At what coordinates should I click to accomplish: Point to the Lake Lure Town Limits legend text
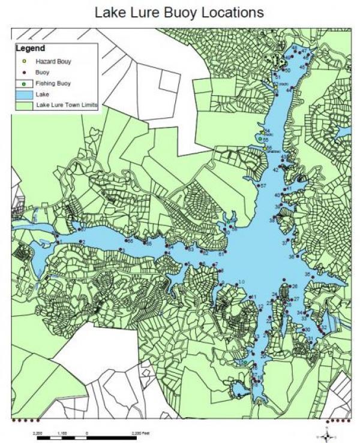(x=67, y=105)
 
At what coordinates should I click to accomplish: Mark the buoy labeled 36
(x=291, y=257)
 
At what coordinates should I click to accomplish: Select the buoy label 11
(x=254, y=297)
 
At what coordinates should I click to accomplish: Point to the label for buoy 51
(x=278, y=77)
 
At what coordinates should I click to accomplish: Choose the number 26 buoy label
(x=295, y=286)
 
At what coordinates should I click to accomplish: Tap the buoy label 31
(x=310, y=339)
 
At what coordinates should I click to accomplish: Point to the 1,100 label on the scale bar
(x=62, y=432)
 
